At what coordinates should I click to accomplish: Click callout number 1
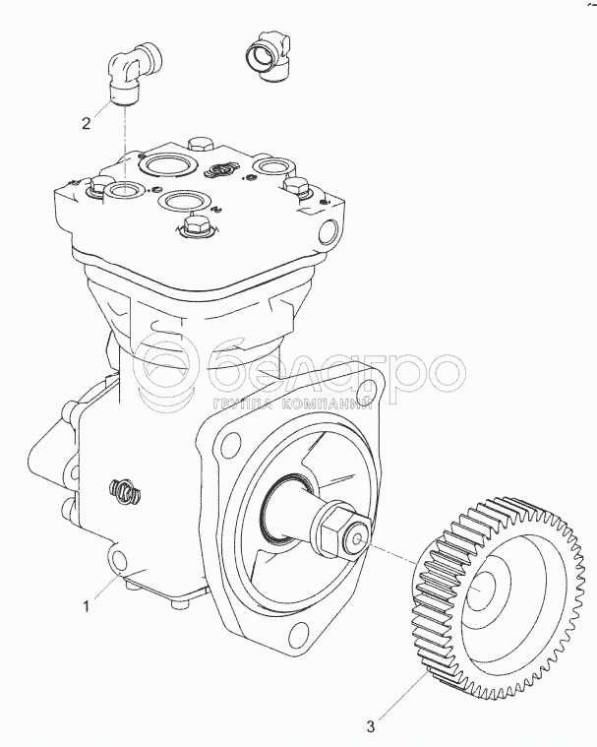(x=87, y=606)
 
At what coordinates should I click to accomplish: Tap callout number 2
(x=87, y=124)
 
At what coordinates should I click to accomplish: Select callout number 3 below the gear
(x=370, y=727)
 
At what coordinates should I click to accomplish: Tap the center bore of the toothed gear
(x=484, y=591)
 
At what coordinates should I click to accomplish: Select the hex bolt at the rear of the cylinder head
(x=199, y=145)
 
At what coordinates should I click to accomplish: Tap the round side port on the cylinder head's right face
(x=328, y=231)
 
